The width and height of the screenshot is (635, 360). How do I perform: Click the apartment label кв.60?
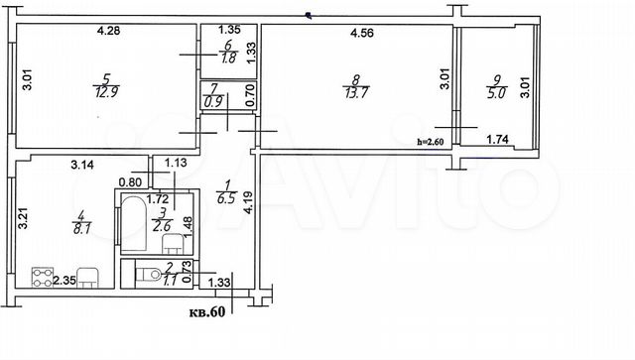click(x=207, y=312)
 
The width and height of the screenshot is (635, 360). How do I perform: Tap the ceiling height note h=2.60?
click(x=431, y=142)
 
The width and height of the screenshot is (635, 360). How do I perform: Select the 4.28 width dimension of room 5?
click(x=108, y=31)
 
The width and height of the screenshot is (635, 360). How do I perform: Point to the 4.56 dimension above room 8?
click(x=361, y=33)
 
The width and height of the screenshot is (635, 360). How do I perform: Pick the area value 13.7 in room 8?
click(x=356, y=93)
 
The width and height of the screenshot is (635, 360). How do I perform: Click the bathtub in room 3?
click(x=134, y=224)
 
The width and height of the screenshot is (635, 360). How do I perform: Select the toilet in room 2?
click(x=148, y=274)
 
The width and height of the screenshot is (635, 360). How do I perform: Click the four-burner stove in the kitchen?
click(x=43, y=278)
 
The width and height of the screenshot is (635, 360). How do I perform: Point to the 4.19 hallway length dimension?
click(x=248, y=202)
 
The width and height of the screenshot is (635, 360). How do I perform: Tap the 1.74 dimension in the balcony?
click(x=497, y=140)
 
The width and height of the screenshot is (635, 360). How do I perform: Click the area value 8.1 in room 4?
click(x=81, y=228)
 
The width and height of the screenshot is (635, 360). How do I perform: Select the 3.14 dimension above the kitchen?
click(x=82, y=165)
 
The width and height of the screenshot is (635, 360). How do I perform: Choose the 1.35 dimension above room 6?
click(x=229, y=30)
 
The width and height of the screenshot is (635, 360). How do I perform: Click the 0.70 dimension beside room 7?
click(x=250, y=95)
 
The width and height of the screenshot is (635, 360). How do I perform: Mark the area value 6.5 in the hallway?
click(x=226, y=198)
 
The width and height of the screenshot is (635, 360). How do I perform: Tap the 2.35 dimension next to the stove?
click(x=64, y=281)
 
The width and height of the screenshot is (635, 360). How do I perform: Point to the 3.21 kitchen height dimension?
click(x=24, y=218)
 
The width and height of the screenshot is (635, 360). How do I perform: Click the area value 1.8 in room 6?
click(x=229, y=58)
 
